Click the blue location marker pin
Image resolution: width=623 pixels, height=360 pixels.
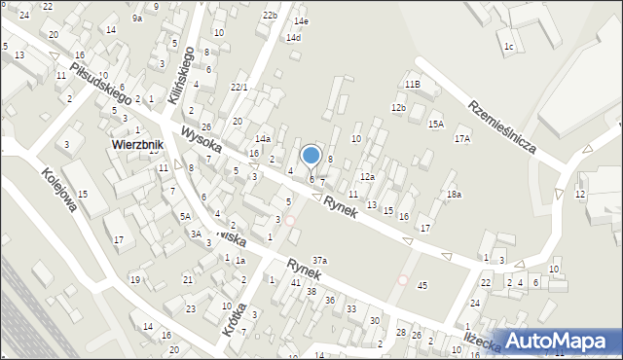tap(311, 156)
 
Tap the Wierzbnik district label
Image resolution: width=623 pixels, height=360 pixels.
tap(135, 145)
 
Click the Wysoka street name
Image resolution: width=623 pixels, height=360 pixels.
tap(201, 142)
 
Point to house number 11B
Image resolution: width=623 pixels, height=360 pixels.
tap(413, 85)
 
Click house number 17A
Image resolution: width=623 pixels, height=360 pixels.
tap(461, 139)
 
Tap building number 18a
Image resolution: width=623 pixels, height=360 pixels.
tap(454, 196)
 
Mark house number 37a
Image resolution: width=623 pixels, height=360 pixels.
tap(319, 260)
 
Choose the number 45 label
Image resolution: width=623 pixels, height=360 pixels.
tap(421, 285)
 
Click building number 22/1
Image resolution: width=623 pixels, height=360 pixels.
tap(238, 88)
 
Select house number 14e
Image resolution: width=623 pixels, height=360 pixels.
tap(302, 20)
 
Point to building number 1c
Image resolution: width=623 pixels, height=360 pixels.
tap(508, 46)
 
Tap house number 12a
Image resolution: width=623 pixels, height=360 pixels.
tap(367, 177)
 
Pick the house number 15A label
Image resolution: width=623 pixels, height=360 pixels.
tap(436, 124)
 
